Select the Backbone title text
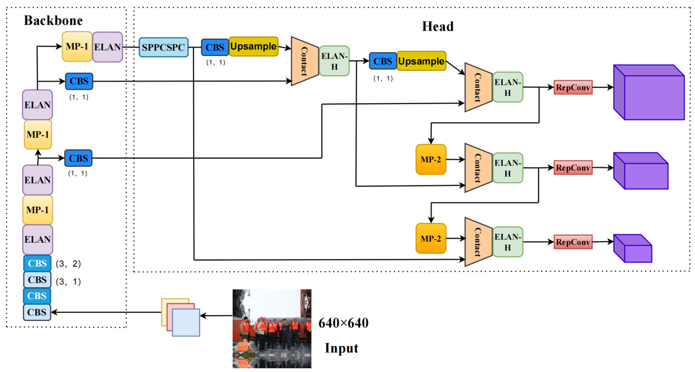pos(53,20)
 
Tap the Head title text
pos(438,27)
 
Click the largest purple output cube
pos(649,92)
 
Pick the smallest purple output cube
pos(633,248)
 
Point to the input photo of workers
pos(272,328)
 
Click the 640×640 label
pos(343,323)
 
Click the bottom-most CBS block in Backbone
pos(37,312)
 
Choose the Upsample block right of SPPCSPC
pos(253,46)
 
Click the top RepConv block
pos(573,87)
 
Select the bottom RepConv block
pos(573,242)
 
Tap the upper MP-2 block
pos(431,159)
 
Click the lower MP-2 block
pos(431,239)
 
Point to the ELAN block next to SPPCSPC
pos(107,47)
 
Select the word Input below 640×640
pos(341,348)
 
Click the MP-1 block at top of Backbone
pos(77,46)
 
